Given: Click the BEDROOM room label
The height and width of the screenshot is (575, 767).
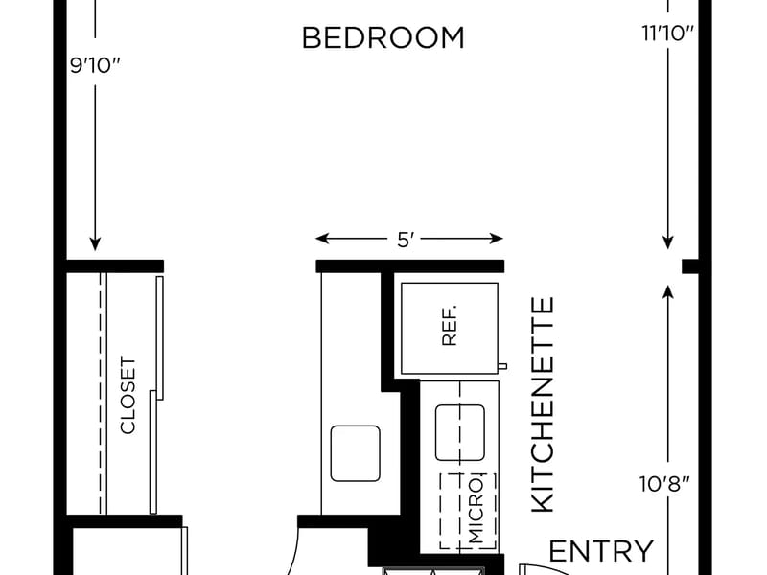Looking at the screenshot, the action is point(383,38).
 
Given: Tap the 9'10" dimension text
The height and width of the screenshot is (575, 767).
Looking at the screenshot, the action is point(95,65).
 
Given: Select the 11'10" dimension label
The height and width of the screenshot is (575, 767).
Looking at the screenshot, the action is point(667,34).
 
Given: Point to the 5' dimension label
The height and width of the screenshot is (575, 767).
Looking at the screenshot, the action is point(406,241).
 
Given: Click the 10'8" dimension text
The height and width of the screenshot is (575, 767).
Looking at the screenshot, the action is point(664,484).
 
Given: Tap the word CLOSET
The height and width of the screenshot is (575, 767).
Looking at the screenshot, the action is point(128,396).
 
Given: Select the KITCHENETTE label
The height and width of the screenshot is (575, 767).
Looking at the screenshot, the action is point(543,404).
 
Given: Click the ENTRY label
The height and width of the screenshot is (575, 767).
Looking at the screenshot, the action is point(601,552).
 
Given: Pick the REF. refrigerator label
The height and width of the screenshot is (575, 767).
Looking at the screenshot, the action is point(449,326).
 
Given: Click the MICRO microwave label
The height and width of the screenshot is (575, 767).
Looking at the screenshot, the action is point(476,511).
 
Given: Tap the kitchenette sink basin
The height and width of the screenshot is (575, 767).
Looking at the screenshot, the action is point(460,433).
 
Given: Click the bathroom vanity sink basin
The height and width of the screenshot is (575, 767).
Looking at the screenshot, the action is point(355,453).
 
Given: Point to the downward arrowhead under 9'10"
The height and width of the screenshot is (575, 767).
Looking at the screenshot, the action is point(95,243).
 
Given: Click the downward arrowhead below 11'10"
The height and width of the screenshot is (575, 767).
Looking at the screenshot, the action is point(667,241).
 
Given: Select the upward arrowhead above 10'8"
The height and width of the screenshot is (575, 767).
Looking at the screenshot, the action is point(667,291).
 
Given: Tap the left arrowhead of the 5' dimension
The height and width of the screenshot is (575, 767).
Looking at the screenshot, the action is point(322,239).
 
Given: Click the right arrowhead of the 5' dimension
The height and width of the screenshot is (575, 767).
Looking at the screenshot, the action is point(497,239).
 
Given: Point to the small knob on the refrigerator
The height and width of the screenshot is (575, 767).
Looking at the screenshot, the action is point(502,366).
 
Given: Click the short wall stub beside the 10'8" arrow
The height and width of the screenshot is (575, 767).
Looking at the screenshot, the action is point(690,266).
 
